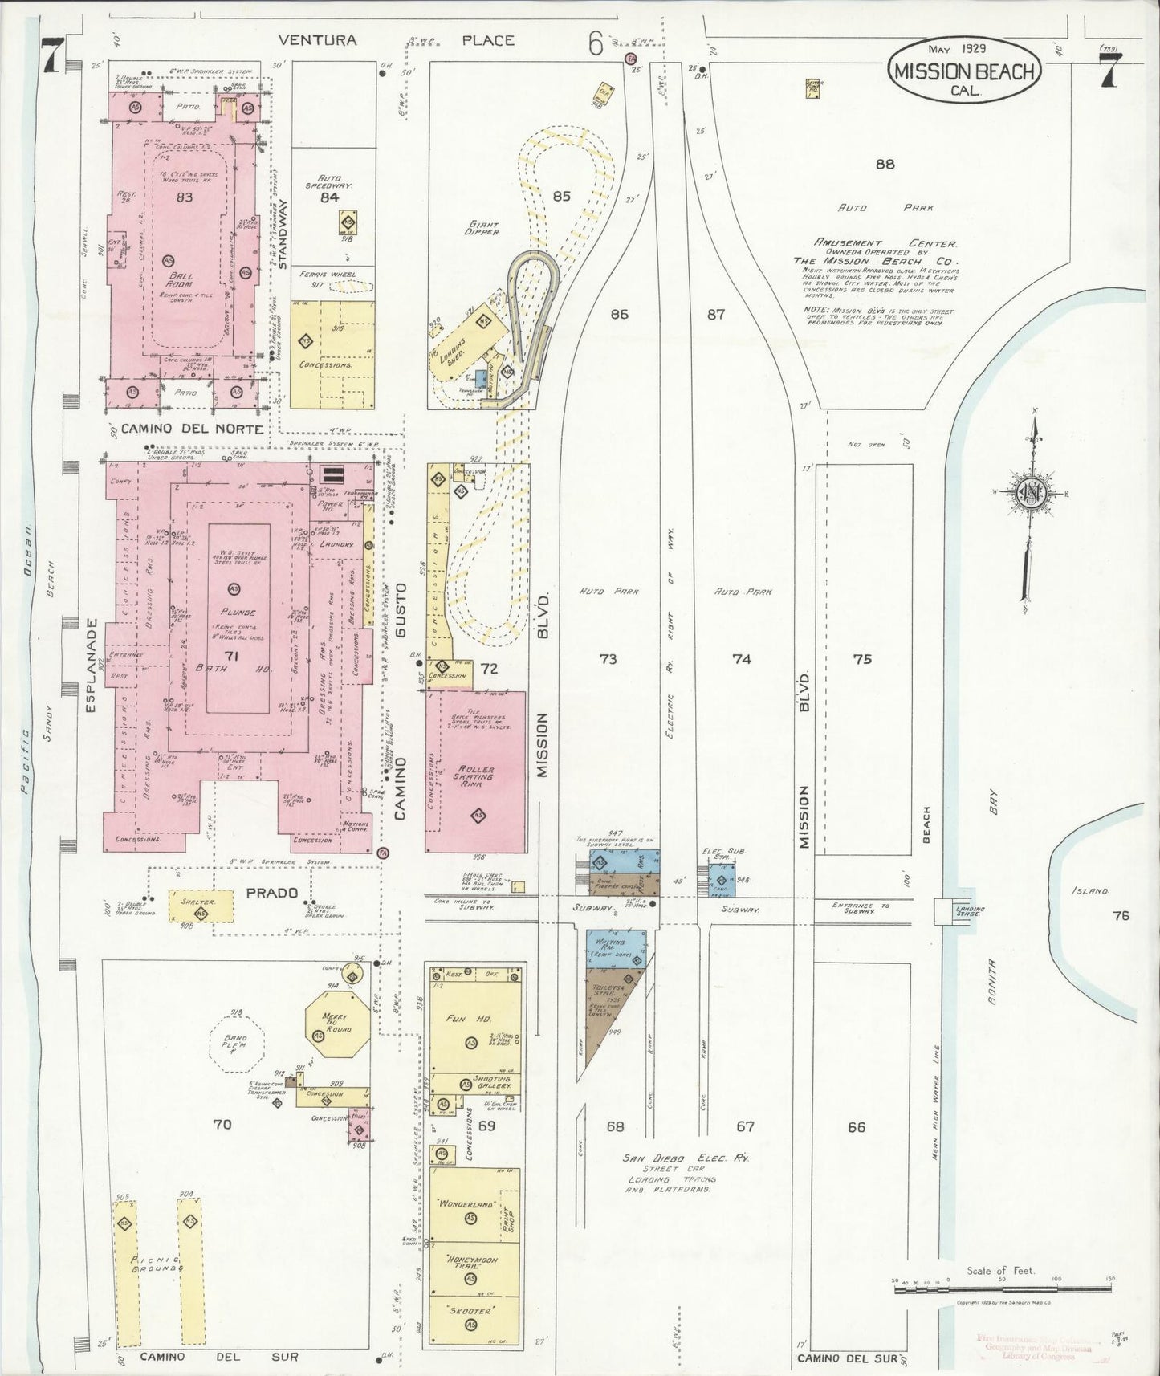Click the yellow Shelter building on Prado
tap(201, 905)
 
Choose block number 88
tap(885, 164)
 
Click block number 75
tap(862, 659)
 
